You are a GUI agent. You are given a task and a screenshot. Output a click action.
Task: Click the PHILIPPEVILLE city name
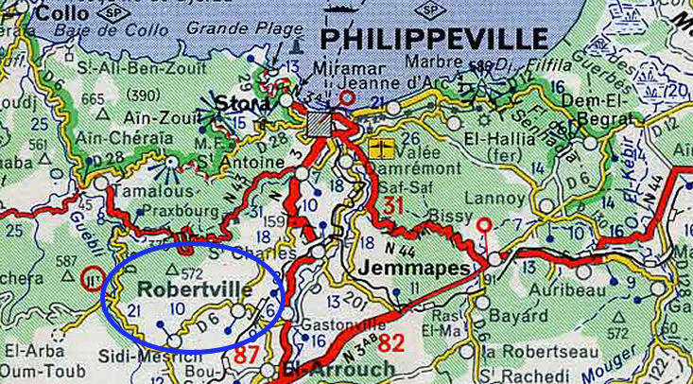(434, 39)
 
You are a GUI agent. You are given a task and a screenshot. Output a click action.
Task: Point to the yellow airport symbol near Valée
(383, 148)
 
